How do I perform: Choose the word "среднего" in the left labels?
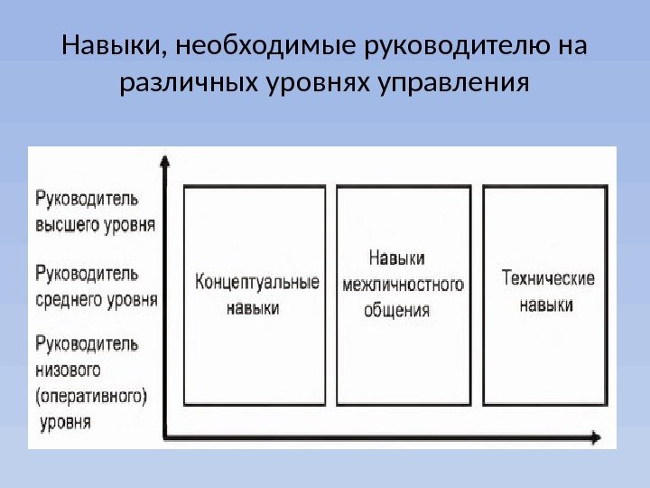click(69, 299)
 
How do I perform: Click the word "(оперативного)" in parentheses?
click(91, 396)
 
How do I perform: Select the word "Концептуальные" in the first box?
click(257, 282)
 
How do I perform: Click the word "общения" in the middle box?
click(397, 310)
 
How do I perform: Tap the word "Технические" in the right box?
click(547, 278)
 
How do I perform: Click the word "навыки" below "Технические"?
click(546, 305)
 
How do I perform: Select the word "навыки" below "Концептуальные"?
click(252, 308)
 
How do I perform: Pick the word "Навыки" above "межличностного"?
click(397, 258)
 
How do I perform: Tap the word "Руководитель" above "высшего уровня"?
click(87, 198)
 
